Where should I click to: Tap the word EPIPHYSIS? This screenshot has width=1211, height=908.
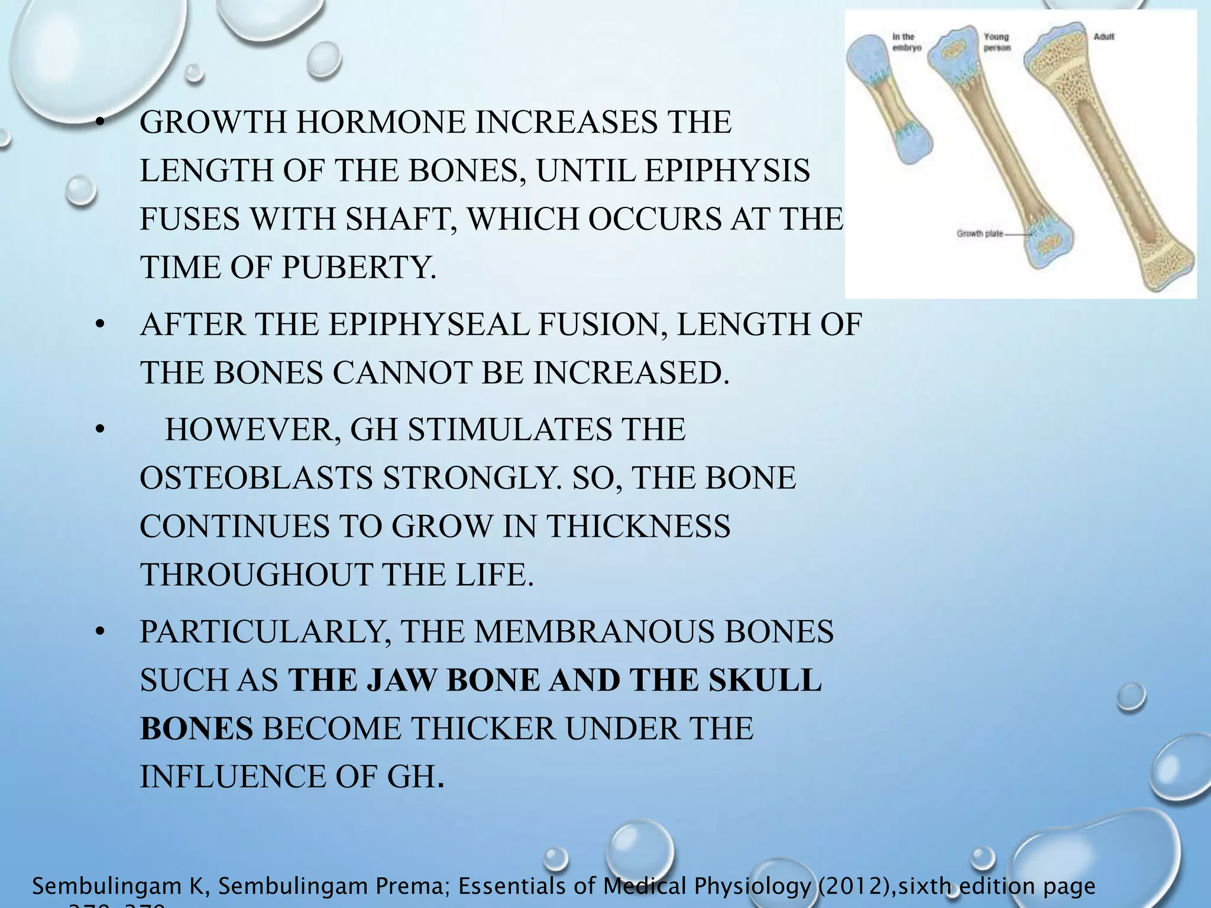[x=727, y=171]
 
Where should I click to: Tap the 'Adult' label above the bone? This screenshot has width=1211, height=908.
[x=1104, y=37]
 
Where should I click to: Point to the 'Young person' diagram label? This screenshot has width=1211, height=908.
[x=997, y=43]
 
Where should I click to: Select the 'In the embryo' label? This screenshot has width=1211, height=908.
[x=906, y=43]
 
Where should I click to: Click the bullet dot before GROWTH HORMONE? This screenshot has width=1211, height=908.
[x=101, y=123]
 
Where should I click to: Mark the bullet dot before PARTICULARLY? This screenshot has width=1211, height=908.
[x=101, y=633]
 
